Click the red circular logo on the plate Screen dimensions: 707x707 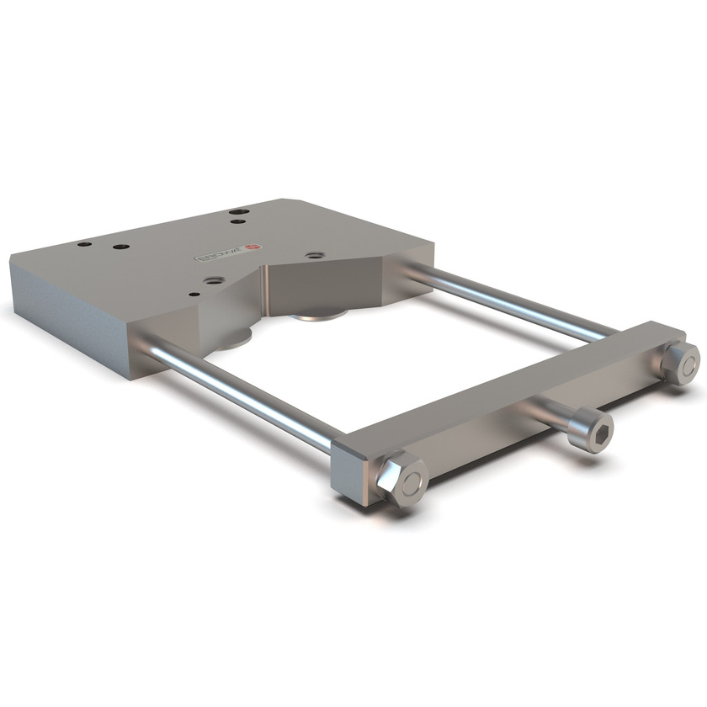[258, 247]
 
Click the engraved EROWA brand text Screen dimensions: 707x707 [221, 252]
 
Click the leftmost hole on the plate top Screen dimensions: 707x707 [83, 244]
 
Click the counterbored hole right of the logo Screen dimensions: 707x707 [315, 254]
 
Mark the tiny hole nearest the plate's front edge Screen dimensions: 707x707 [194, 295]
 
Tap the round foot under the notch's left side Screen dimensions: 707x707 [235, 340]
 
